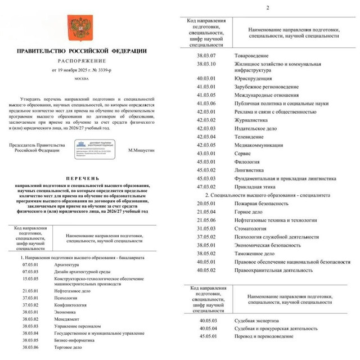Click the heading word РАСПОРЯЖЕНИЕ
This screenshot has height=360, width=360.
(89, 60)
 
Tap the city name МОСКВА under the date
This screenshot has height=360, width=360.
(89, 79)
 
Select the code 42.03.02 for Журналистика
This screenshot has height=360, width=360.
(207, 119)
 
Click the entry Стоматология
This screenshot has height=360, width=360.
(250, 228)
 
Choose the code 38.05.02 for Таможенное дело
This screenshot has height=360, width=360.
(207, 254)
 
